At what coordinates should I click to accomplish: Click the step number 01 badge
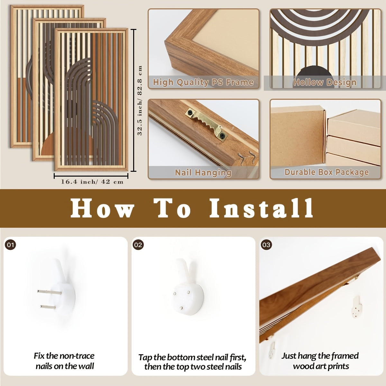coord(10,245)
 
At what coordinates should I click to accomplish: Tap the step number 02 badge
coord(138,245)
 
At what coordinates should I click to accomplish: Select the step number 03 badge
coord(266,245)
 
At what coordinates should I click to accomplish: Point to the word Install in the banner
coord(261,208)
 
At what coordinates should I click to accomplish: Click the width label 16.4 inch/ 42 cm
coord(92,182)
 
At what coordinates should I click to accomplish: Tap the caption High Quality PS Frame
coord(203,82)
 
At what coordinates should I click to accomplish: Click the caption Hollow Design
coord(325,82)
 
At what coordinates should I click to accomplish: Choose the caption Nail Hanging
coord(203,173)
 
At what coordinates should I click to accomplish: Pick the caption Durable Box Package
coord(326,172)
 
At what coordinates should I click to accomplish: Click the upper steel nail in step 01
coord(50,292)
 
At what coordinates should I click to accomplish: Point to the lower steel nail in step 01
coord(48,307)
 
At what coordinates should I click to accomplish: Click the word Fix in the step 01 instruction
coord(39,356)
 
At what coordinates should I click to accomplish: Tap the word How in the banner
coord(102,208)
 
